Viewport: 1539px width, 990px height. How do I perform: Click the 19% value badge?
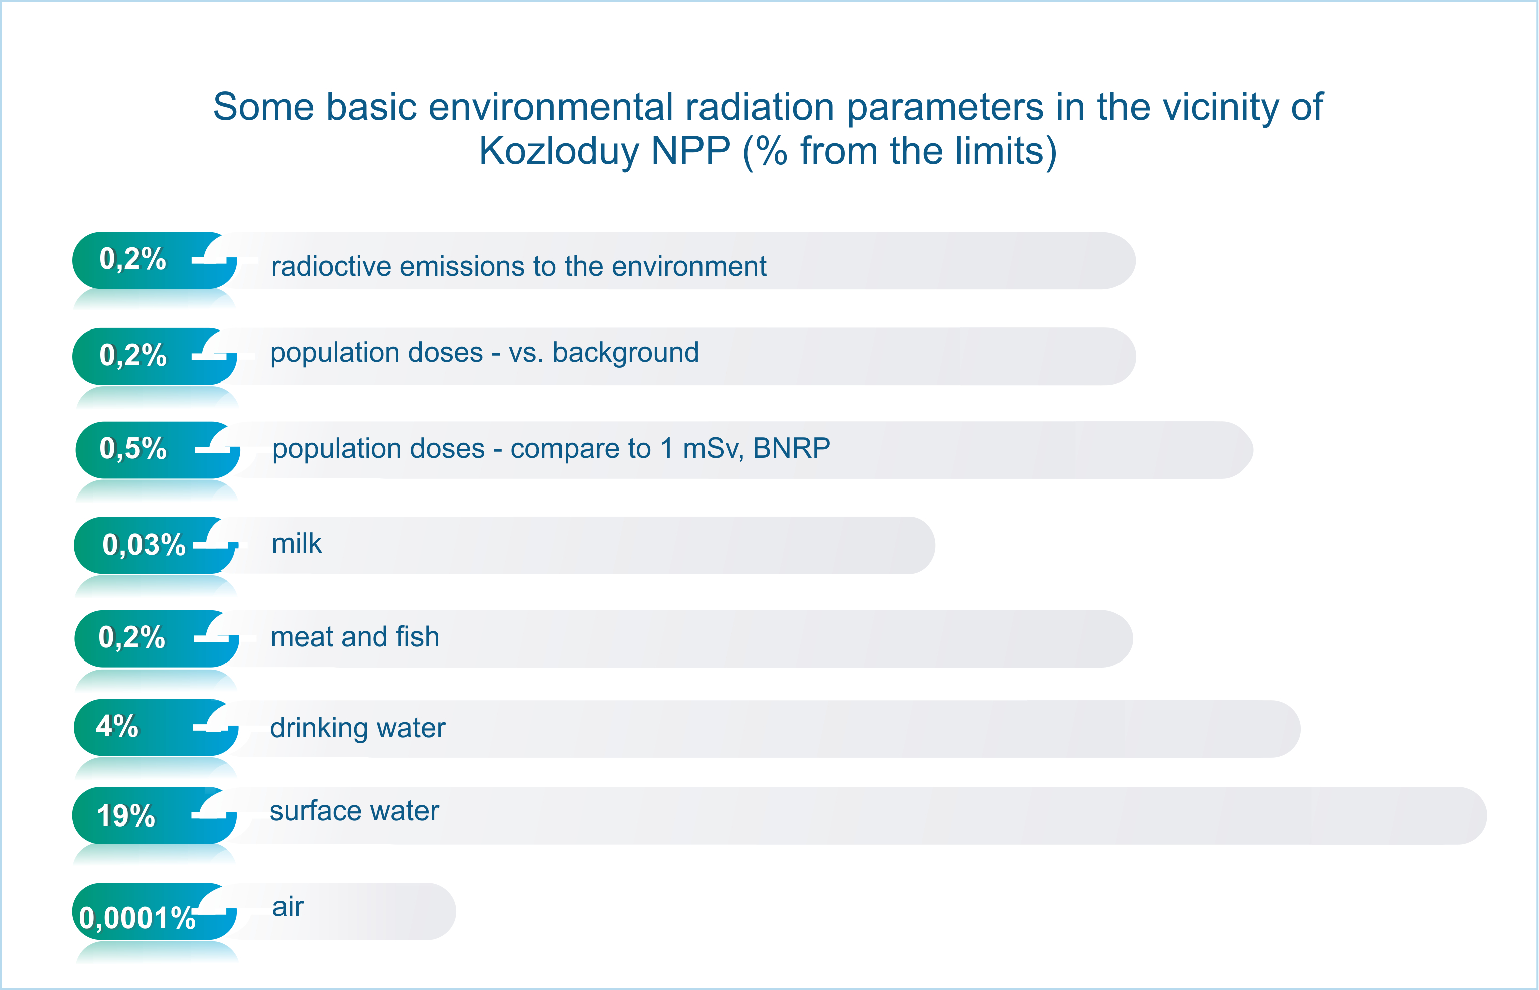point(126,816)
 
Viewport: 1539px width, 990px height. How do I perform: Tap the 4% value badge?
point(117,726)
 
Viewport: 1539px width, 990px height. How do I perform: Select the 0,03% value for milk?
point(144,545)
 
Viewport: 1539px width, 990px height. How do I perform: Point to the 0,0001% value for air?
point(137,918)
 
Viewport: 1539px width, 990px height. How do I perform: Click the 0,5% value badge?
point(132,448)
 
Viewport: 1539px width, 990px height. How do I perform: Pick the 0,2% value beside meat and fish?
point(132,637)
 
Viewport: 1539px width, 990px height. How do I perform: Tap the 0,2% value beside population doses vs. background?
point(132,354)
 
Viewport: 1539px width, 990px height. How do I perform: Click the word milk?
point(297,543)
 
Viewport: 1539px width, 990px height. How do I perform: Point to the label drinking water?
point(358,728)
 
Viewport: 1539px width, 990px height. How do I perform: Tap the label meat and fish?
point(355,637)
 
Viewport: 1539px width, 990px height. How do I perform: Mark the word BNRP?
point(792,448)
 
